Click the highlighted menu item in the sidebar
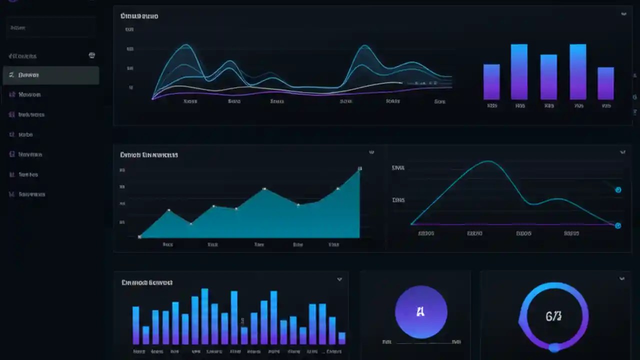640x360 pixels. pos(51,75)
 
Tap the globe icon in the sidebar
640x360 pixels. pos(92,55)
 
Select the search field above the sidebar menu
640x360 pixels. pos(51,28)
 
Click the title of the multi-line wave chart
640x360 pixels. pos(139,16)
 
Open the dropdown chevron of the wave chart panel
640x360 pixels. pos(623,14)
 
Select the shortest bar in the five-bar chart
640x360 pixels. pos(605,83)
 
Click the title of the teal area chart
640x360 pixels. pos(149,155)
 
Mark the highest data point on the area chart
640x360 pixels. pos(359,169)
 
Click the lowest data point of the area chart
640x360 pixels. pos(140,236)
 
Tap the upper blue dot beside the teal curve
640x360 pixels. pos(618,190)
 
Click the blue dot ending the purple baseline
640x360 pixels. pos(618,225)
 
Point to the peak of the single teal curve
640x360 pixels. pos(487,161)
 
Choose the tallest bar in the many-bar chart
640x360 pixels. pos(204,316)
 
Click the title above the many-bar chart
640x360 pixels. pos(147,282)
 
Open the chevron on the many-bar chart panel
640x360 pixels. pos(339,279)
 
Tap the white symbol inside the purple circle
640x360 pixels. pos(420,312)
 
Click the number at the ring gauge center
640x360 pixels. pos(553,316)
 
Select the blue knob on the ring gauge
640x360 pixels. pos(554,347)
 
